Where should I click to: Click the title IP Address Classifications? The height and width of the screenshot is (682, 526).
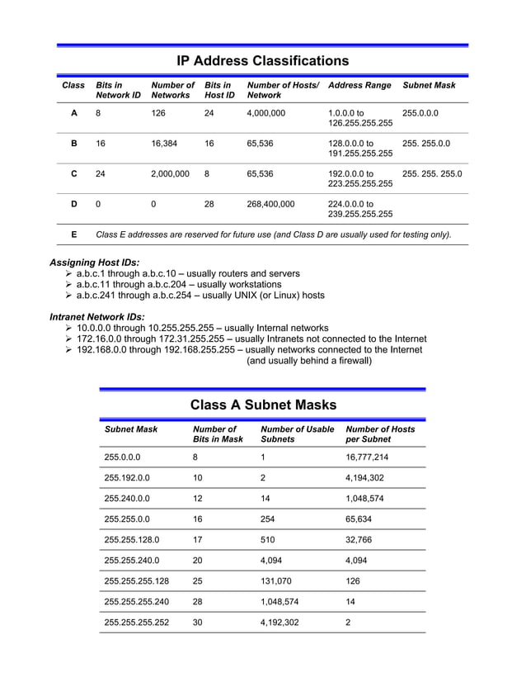pyautogui.click(x=263, y=60)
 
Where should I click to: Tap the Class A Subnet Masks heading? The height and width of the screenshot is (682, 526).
pyautogui.click(x=263, y=405)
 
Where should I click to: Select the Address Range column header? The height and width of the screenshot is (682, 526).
pyautogui.click(x=359, y=85)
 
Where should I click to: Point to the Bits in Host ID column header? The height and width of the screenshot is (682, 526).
pyautogui.click(x=219, y=90)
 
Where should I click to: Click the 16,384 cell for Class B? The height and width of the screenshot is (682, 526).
pyautogui.click(x=164, y=143)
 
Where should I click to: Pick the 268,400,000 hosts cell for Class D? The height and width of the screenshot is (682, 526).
pyautogui.click(x=270, y=204)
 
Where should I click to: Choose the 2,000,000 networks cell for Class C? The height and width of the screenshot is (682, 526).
pyautogui.click(x=170, y=174)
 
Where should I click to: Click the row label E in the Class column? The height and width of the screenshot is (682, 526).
pyautogui.click(x=74, y=234)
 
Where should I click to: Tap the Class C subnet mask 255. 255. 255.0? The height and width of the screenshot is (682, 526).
pyautogui.click(x=432, y=174)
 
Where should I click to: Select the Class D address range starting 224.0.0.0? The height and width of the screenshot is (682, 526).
pyautogui.click(x=359, y=209)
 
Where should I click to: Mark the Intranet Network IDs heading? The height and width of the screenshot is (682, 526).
pyautogui.click(x=97, y=316)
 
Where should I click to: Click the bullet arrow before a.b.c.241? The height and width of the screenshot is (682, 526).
pyautogui.click(x=68, y=296)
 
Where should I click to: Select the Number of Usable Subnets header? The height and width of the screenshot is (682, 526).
pyautogui.click(x=297, y=434)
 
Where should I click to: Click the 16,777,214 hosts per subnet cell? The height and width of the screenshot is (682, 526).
pyautogui.click(x=367, y=457)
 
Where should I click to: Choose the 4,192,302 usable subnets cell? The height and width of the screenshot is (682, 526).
pyautogui.click(x=279, y=622)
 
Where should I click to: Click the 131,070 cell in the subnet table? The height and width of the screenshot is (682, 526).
pyautogui.click(x=275, y=580)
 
